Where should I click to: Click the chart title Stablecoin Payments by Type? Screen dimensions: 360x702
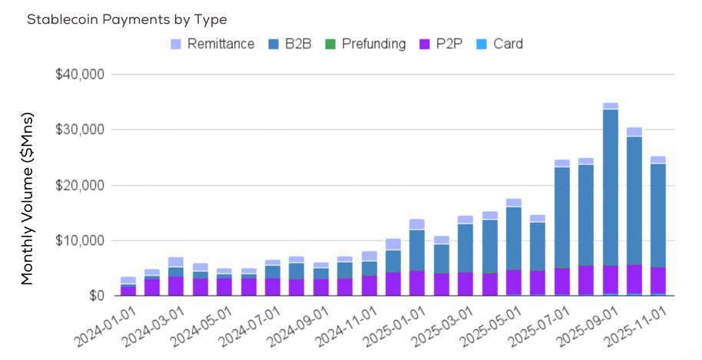point(127,19)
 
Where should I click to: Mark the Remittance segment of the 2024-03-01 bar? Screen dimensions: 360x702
point(176,262)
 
